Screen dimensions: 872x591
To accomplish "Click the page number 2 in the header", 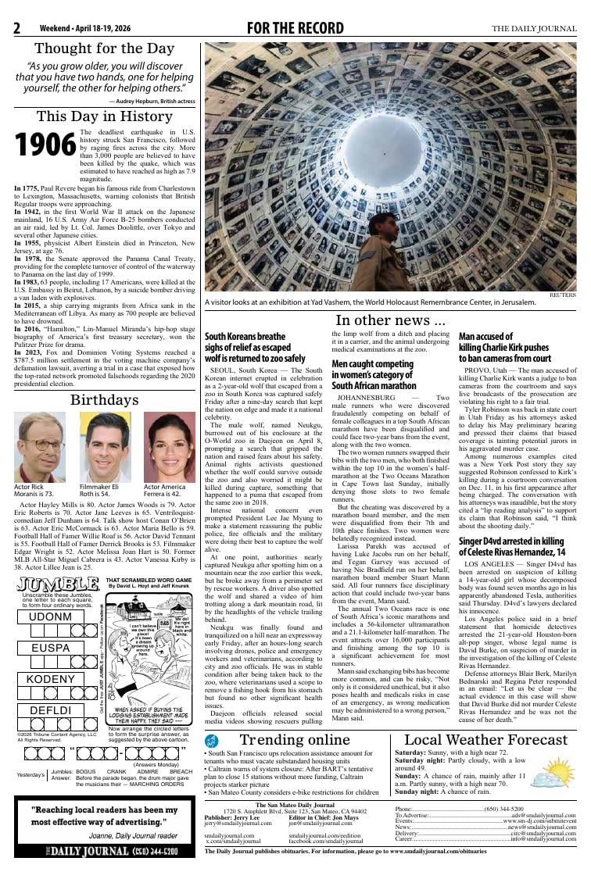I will point(16,29).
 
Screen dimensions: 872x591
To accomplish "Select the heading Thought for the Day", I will point(104,48).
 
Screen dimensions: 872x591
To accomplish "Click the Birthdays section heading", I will point(104,400).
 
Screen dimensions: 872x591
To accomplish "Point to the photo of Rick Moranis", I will point(40,448).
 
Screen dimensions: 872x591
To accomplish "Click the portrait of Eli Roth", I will point(105,448).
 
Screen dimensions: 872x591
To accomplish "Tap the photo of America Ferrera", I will point(170,448).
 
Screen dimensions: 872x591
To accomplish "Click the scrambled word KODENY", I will point(51,679).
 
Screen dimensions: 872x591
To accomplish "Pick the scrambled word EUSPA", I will point(51,648).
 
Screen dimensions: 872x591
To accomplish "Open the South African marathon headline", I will point(373,375).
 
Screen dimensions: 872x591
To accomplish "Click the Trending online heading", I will point(295,740).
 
